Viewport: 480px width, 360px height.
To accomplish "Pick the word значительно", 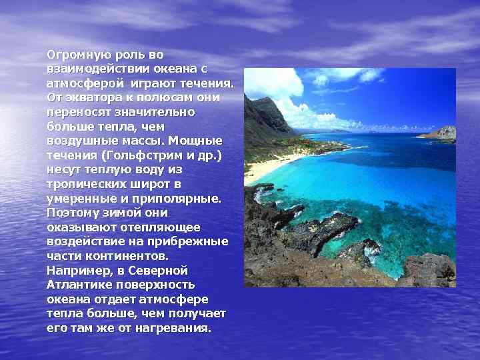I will [155, 112].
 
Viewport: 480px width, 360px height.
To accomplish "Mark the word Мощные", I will [196, 141].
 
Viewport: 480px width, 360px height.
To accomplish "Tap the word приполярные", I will [180, 198].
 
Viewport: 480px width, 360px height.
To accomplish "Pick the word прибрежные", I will [189, 241].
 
